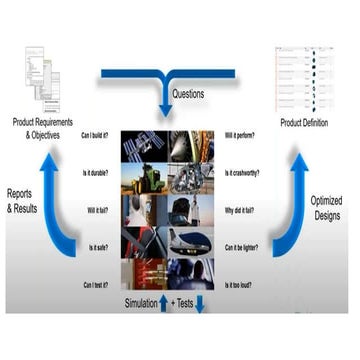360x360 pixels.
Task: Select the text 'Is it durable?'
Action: click(x=97, y=172)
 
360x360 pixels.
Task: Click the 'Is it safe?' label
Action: click(x=100, y=247)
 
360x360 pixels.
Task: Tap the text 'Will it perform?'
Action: click(x=240, y=135)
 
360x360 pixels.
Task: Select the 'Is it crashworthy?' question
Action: click(x=243, y=172)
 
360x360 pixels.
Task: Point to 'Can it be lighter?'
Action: click(x=243, y=247)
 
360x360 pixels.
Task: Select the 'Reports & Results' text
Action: click(x=25, y=201)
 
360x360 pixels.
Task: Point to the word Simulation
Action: click(x=146, y=302)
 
